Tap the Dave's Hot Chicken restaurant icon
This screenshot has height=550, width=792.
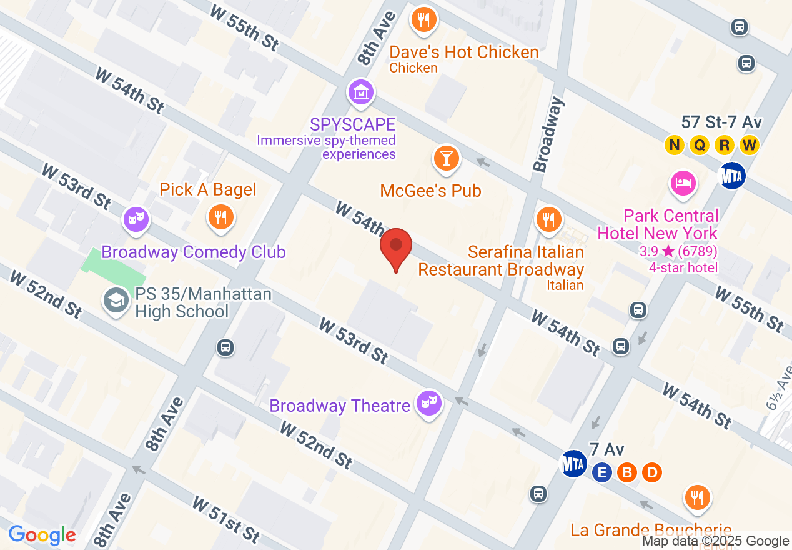(x=423, y=20)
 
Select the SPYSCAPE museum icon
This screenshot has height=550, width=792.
(x=360, y=93)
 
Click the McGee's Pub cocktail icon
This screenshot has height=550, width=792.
(x=446, y=159)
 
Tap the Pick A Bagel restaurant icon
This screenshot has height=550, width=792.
(x=220, y=217)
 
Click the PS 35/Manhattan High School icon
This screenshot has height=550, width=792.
(x=116, y=301)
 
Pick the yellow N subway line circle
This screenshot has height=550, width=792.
(x=674, y=146)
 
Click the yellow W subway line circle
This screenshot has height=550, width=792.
(x=749, y=146)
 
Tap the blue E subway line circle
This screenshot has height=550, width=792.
(x=602, y=473)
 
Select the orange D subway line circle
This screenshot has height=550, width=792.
(x=651, y=473)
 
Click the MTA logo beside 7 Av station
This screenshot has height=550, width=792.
(x=573, y=464)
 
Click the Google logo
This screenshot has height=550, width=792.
(x=42, y=535)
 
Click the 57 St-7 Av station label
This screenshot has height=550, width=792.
(x=721, y=122)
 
